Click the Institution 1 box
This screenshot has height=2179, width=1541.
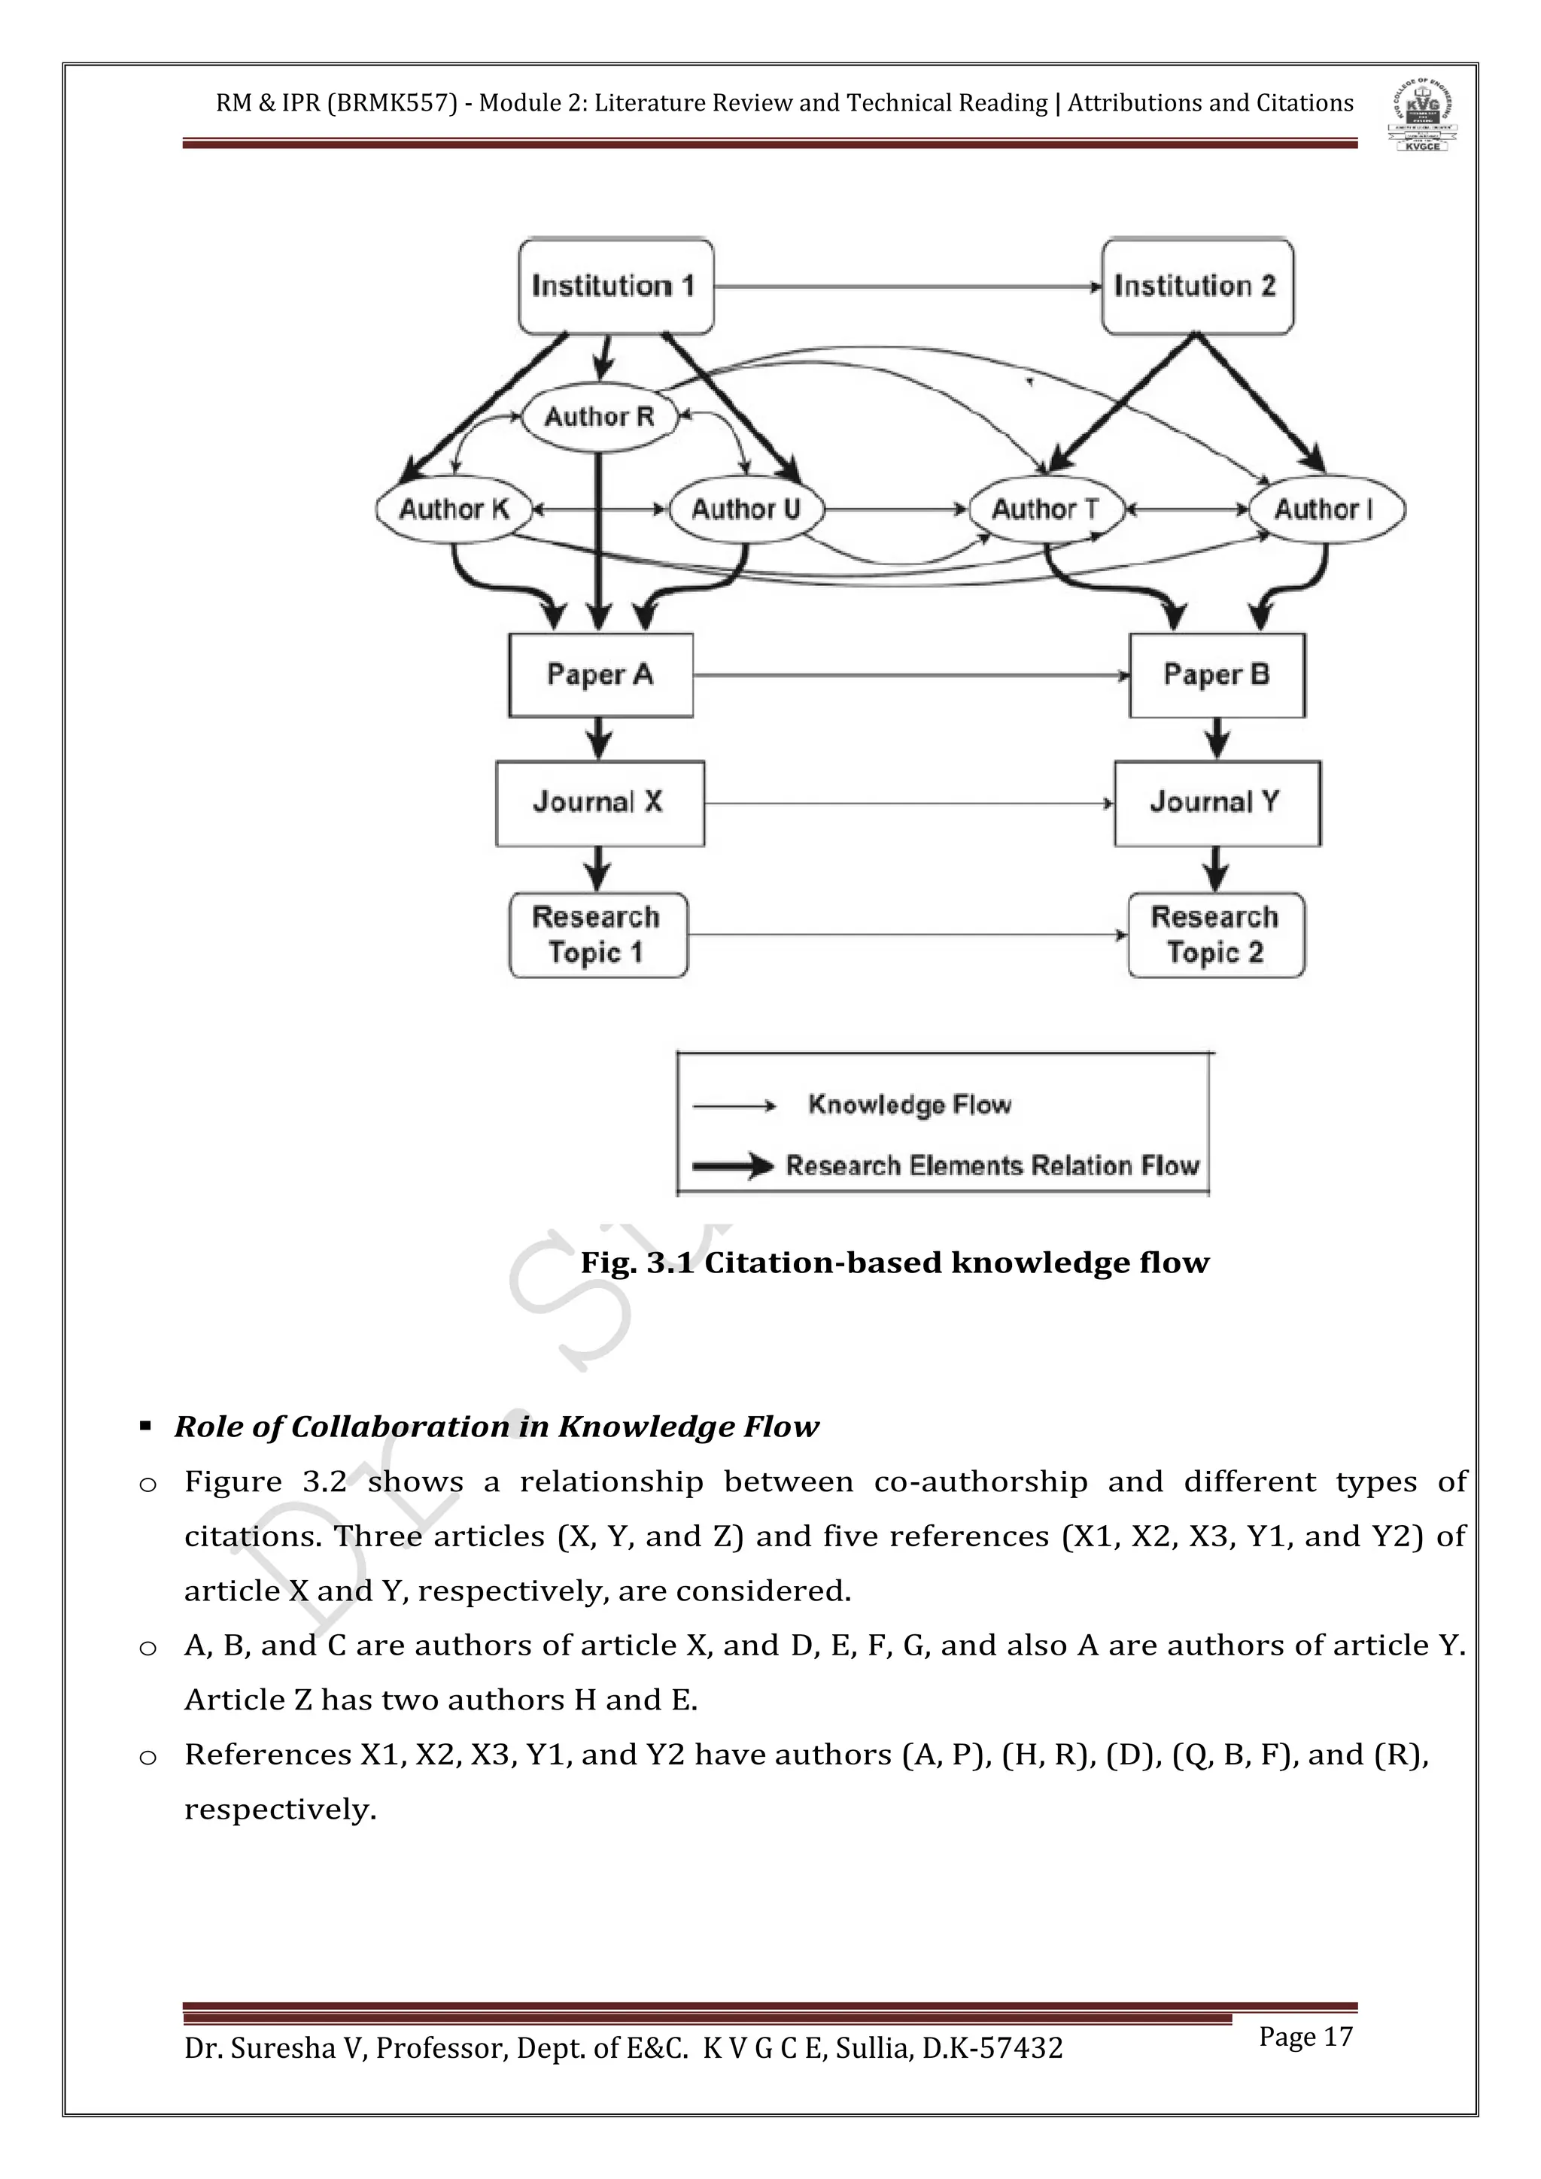point(615,286)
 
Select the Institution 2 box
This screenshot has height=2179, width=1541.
point(1196,286)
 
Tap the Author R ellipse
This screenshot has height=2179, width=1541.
point(600,417)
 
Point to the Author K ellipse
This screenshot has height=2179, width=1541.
point(454,509)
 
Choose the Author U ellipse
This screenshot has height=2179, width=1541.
point(746,509)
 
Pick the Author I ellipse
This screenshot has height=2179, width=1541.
point(1324,509)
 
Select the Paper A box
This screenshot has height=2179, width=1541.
point(600,675)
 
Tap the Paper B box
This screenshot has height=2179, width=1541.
point(1217,675)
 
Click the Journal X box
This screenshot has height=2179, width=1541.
point(600,803)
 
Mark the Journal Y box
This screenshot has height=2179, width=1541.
point(1217,803)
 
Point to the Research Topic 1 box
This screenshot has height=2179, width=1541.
point(597,935)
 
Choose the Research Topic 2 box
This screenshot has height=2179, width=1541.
point(1215,935)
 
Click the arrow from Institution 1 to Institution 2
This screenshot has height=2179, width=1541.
point(906,286)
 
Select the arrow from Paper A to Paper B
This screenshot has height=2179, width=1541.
point(911,676)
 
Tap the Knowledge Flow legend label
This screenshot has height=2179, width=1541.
point(909,1105)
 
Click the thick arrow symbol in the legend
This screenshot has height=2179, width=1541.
point(733,1165)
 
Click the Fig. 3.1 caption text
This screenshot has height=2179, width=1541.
point(894,1263)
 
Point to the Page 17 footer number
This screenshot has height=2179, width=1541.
point(1305,2037)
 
